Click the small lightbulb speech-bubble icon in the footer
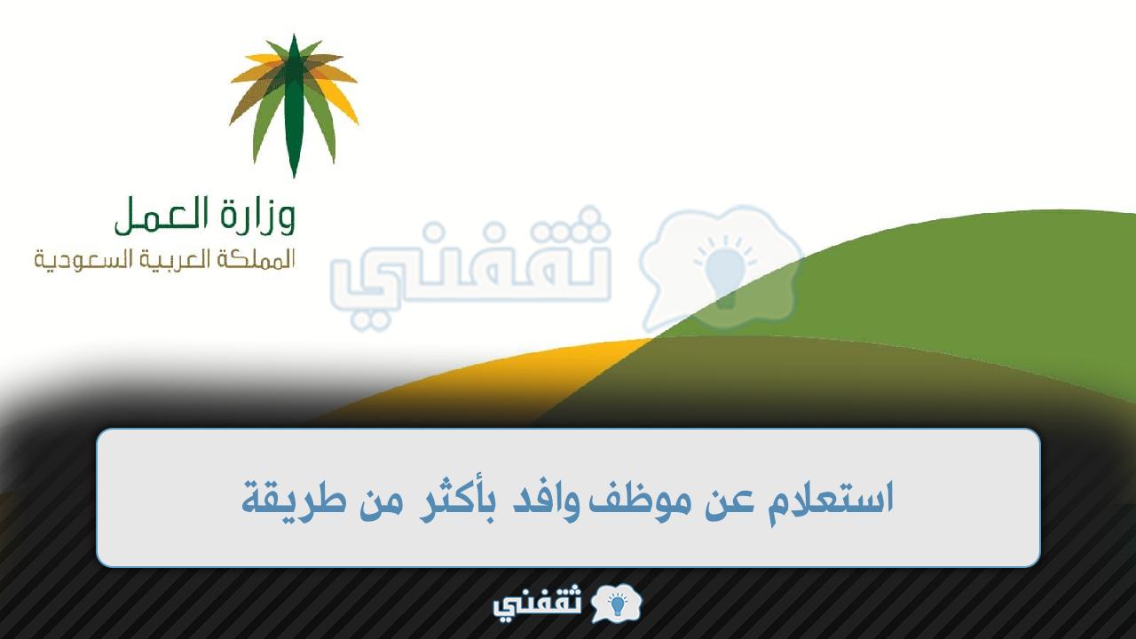(617, 603)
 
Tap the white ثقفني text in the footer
(537, 604)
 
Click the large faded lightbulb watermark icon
(722, 269)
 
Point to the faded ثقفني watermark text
(470, 269)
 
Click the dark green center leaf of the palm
(293, 106)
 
